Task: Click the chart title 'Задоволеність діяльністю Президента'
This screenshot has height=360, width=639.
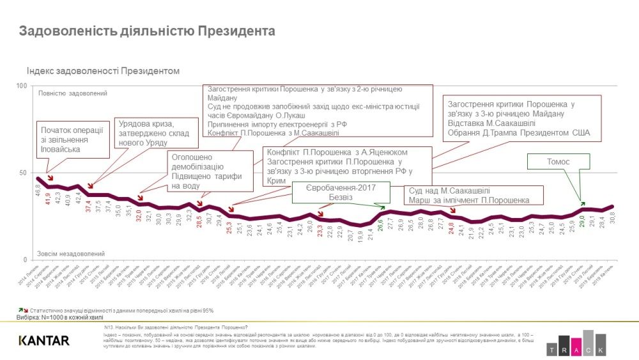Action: (147, 31)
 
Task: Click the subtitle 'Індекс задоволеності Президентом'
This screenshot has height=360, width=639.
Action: (103, 71)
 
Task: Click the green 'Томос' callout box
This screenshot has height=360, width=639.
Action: (558, 162)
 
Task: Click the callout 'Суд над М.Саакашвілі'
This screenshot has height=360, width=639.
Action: (473, 195)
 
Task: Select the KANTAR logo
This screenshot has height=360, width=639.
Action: (44, 340)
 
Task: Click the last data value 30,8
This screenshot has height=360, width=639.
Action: (612, 219)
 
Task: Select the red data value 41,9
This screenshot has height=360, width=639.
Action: (48, 191)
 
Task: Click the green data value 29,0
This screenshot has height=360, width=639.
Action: (581, 221)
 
